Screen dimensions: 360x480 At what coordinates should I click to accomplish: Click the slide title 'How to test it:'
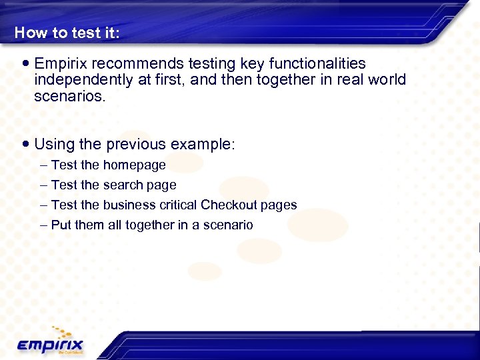pos(67,33)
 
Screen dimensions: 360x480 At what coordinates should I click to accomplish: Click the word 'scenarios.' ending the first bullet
pos(69,96)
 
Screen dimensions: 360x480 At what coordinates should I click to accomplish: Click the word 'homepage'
pos(134,165)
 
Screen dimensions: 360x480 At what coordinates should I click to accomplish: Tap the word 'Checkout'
pos(229,205)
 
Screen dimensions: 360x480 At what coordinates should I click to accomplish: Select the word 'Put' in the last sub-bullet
pos(61,225)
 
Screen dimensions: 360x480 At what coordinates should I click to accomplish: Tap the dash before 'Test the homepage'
pos(44,165)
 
